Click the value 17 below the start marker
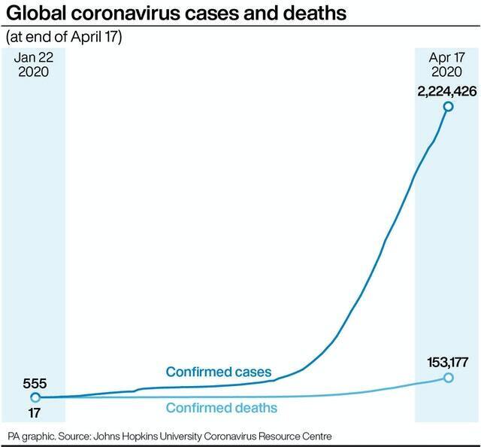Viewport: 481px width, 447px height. (x=25, y=412)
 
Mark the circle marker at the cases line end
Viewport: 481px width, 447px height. (x=448, y=107)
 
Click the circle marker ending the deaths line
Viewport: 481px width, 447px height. (x=448, y=377)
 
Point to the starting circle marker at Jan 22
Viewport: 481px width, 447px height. (x=35, y=397)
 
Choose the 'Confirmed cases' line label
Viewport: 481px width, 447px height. (x=218, y=372)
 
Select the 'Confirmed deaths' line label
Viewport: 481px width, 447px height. (x=221, y=408)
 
